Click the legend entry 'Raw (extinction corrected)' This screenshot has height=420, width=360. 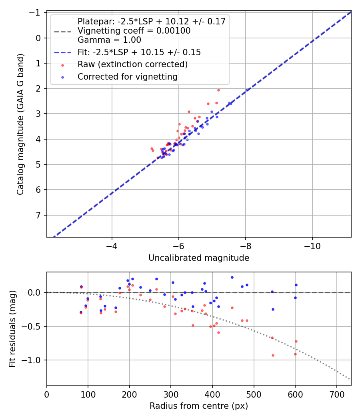click(132, 64)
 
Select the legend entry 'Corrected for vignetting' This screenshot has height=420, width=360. click(127, 76)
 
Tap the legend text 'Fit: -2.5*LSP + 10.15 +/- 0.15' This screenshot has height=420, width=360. click(139, 52)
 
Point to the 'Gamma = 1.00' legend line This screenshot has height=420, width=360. click(109, 40)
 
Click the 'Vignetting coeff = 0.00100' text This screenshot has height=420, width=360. click(134, 31)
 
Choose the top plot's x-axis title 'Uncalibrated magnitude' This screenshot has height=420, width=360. click(199, 258)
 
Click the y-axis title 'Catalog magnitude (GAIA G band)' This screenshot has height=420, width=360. click(20, 124)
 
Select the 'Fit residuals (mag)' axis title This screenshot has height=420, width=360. click(12, 329)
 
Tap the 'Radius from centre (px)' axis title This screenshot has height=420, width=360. click(199, 406)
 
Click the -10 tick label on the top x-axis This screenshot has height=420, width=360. click(312, 245)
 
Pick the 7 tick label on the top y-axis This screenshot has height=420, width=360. click(39, 215)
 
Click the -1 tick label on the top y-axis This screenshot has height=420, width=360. click(36, 13)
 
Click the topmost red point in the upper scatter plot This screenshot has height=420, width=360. click(218, 90)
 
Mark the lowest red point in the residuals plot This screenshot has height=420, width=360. click(273, 355)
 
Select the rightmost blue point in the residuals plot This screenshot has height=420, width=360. click(296, 285)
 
